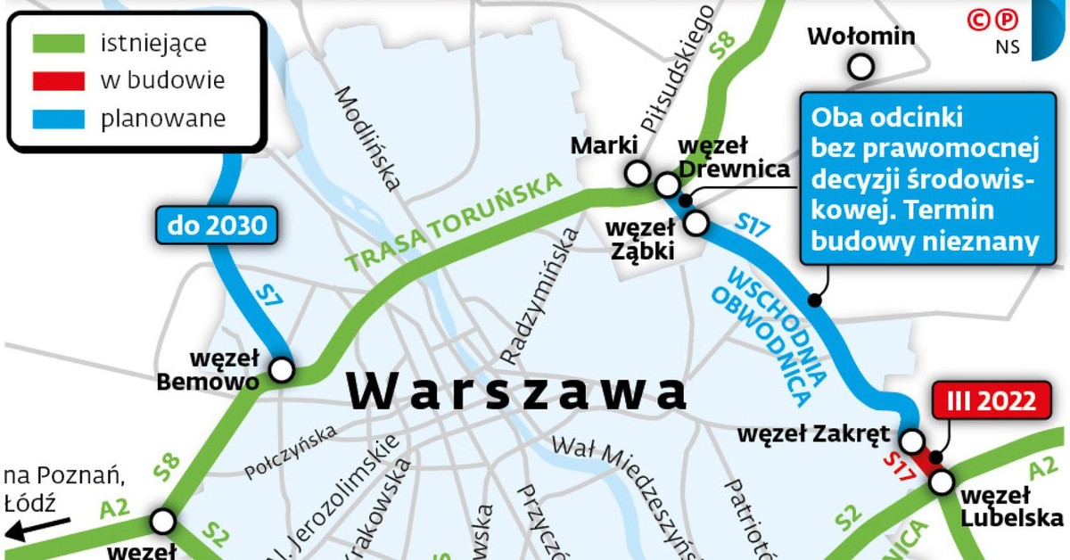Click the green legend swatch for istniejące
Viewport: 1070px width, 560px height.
pos(59,43)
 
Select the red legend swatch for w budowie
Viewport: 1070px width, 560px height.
pos(59,80)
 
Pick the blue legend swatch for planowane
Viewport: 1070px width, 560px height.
pos(59,118)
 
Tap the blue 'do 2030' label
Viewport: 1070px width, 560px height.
pos(218,226)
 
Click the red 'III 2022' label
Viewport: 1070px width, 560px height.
pos(985,401)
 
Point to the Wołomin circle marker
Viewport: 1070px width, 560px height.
pos(860,66)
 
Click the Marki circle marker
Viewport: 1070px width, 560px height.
pos(638,174)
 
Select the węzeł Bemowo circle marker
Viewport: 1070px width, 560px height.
pos(282,369)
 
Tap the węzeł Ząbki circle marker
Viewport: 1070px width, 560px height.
pos(695,221)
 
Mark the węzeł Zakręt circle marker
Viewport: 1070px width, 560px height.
pos(912,441)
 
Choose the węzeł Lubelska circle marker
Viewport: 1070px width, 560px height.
pos(942,482)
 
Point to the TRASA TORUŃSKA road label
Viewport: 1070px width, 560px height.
pos(457,223)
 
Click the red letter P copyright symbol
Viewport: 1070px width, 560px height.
pos(1008,20)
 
